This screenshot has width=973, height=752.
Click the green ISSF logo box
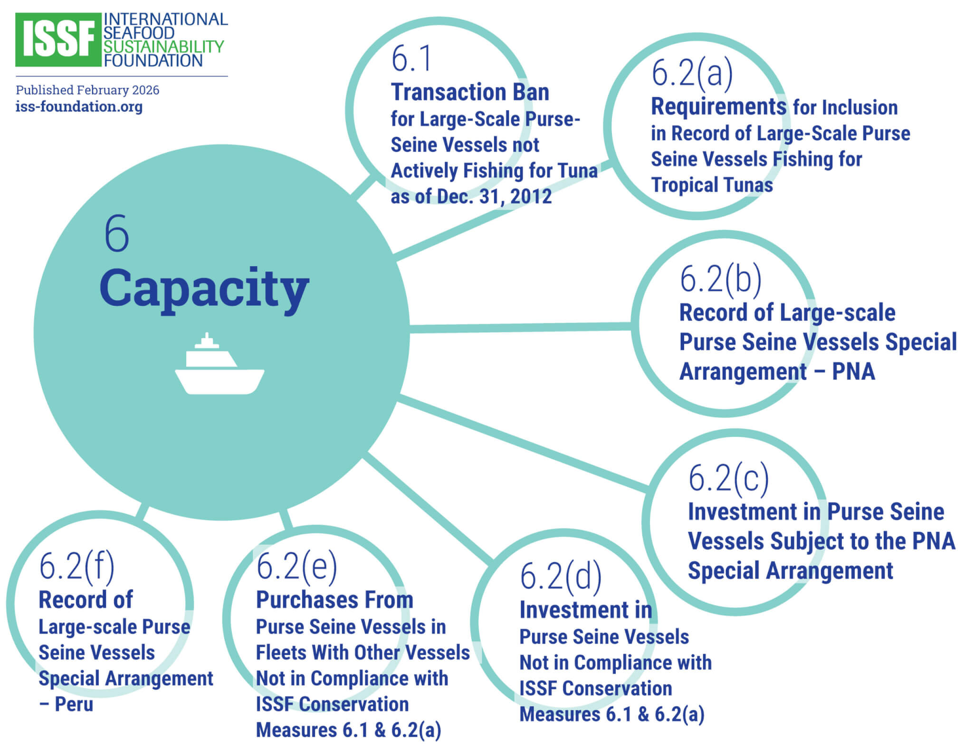coord(58,40)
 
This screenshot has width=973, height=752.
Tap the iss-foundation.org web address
coord(79,106)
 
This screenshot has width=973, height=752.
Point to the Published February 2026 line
coord(87,90)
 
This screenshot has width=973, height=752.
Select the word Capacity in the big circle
coord(204,289)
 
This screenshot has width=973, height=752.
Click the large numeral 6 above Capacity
coord(116,233)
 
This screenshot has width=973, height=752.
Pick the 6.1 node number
coord(411,59)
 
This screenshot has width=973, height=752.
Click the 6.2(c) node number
coord(728,478)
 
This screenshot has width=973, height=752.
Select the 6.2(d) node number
coord(561,576)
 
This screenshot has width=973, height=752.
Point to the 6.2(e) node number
coord(296,566)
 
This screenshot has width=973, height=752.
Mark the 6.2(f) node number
coord(76,566)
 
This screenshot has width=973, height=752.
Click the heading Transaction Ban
coord(470,92)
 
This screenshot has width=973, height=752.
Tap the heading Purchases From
coord(334,600)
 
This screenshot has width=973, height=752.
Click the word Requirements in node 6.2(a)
coord(718,106)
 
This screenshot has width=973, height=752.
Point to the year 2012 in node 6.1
coord(531,196)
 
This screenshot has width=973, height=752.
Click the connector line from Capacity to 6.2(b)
coord(520,328)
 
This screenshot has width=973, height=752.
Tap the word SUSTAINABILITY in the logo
coord(163,47)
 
